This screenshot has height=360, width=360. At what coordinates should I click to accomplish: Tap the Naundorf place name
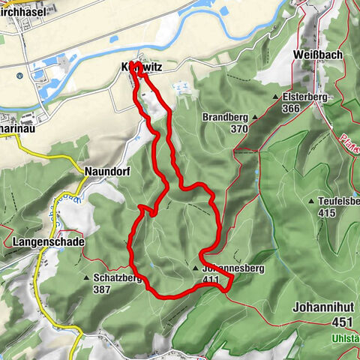click(x=108, y=171)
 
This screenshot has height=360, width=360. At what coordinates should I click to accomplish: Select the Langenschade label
click(x=49, y=242)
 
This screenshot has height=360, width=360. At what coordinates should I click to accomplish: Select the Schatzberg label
click(x=118, y=277)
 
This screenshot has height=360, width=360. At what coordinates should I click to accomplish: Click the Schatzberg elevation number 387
click(x=103, y=289)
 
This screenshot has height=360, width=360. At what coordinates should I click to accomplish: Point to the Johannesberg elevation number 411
click(x=210, y=280)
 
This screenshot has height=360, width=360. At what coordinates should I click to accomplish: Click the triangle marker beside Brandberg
click(x=254, y=118)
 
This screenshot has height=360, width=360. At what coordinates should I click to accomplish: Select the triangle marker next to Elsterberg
click(x=276, y=97)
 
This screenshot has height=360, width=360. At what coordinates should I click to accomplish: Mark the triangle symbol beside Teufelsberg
click(x=311, y=202)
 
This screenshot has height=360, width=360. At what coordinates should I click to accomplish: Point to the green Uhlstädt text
click(x=346, y=339)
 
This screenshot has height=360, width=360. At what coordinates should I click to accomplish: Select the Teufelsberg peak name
click(x=339, y=202)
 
